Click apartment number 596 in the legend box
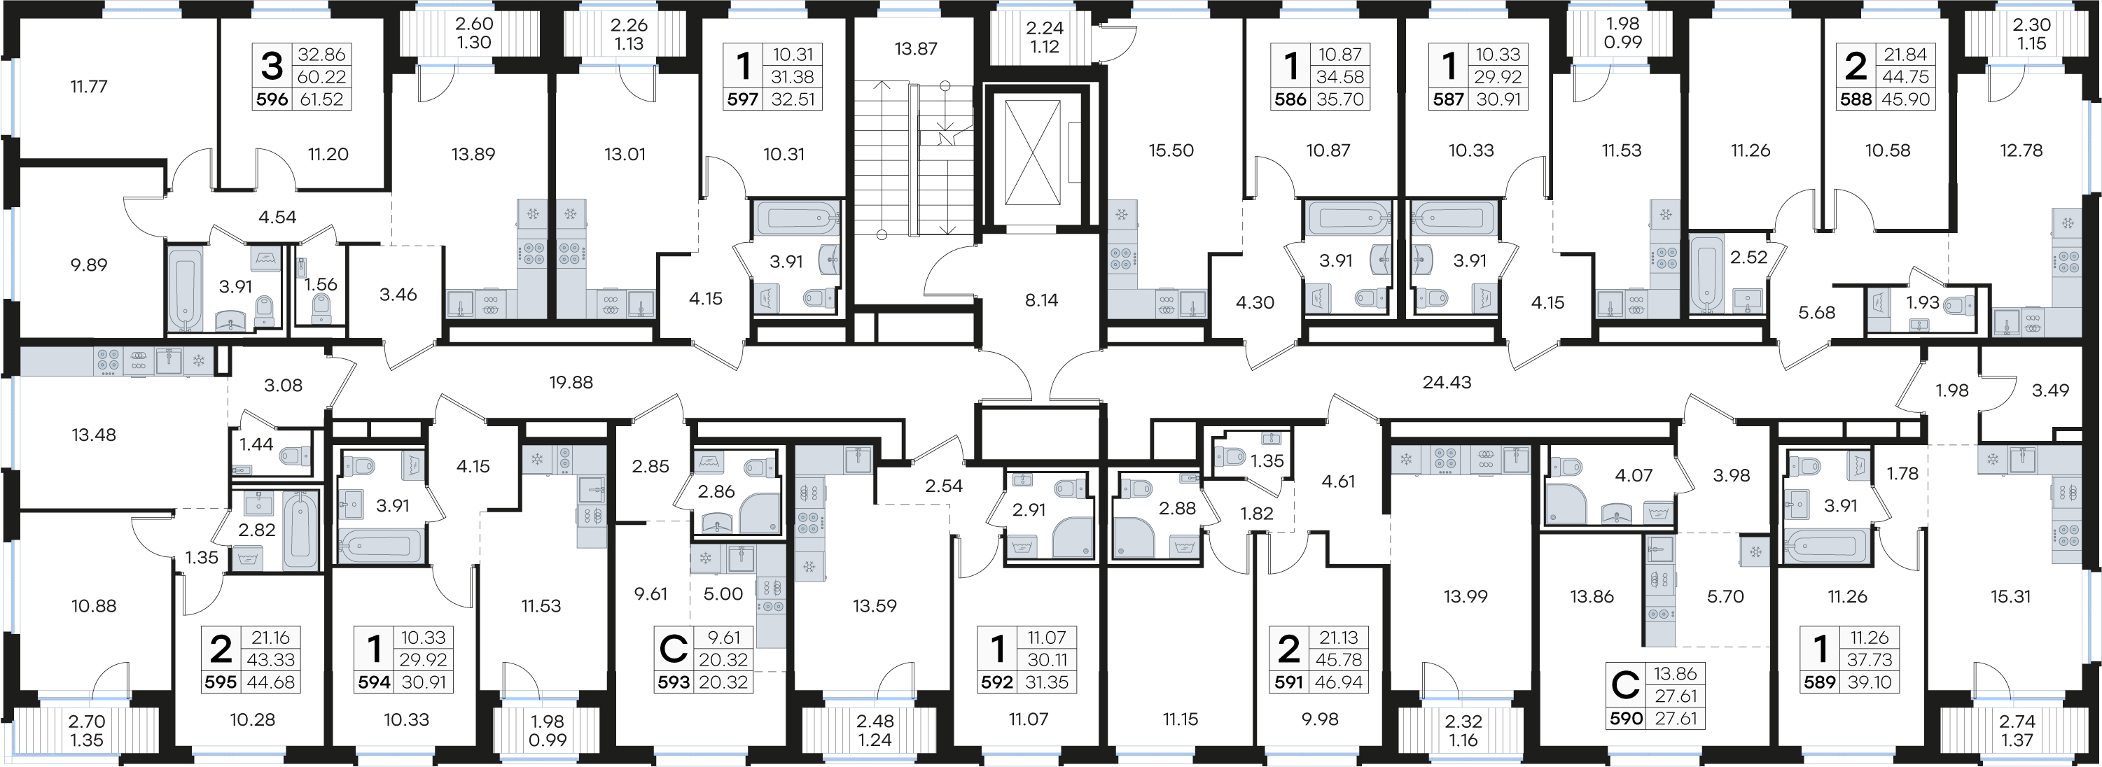272,99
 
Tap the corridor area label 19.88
571,382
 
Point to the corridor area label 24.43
1447,382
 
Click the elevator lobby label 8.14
1041,300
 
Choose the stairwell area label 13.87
916,49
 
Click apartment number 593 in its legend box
674,682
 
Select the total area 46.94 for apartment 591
1340,682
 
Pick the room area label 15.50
1171,150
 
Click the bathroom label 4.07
1634,475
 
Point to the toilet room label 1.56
321,284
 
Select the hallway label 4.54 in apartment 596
277,217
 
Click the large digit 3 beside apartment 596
272,66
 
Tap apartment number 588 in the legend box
1856,99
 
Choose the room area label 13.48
94,435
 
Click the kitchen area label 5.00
723,594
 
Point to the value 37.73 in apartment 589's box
1869,659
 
